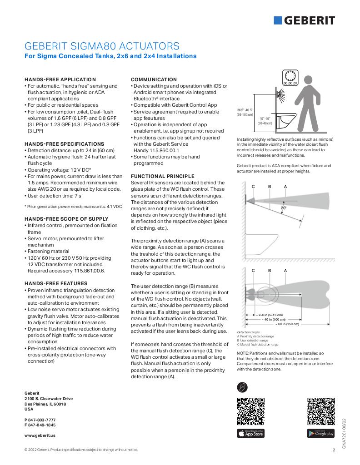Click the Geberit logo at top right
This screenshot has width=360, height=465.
304,20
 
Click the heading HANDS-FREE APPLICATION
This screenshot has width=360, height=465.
60,79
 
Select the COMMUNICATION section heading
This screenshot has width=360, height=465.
154,79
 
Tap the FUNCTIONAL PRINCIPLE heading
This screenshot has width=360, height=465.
162,176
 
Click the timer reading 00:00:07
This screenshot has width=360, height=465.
290,84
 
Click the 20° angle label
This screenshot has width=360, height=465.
283,208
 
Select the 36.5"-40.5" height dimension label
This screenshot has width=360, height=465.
245,112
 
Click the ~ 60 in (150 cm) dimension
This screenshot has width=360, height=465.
287,324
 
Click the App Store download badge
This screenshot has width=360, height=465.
250,433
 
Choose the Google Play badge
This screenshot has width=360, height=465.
320,433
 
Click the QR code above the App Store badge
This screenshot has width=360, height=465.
250,411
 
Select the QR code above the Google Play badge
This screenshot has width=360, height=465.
320,411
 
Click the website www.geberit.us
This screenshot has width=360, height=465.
40,435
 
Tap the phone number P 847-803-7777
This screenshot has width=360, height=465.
40,420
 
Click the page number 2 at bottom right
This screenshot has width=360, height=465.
334,450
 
